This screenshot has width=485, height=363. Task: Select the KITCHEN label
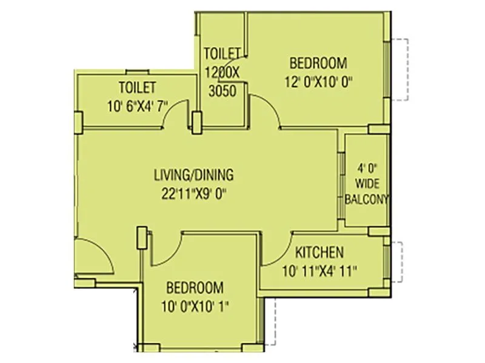[319, 252]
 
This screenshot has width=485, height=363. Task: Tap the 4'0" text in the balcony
[366, 166]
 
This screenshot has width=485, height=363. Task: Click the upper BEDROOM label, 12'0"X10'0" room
[318, 62]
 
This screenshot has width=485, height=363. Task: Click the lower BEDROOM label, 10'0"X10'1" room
[195, 287]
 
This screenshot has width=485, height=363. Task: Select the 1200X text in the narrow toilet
[222, 71]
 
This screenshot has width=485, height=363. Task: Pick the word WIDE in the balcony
[366, 183]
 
